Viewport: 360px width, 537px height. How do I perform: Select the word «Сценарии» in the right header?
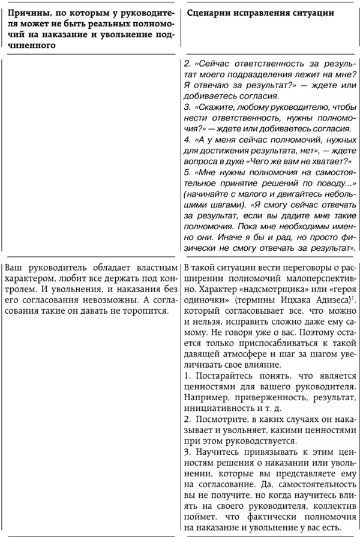coord(211,13)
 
